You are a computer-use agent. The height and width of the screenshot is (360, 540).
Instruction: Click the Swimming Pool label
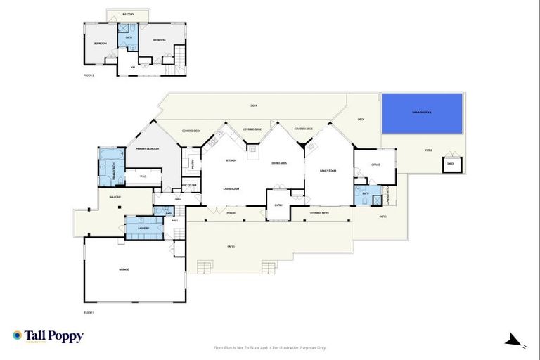click(422, 112)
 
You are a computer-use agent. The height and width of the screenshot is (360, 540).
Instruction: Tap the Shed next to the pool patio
click(451, 165)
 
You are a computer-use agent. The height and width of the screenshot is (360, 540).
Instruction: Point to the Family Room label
click(329, 171)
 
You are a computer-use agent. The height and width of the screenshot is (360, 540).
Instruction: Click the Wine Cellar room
click(190, 186)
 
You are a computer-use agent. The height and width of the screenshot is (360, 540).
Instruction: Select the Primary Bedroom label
click(148, 149)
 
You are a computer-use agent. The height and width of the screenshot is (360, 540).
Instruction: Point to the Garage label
click(134, 269)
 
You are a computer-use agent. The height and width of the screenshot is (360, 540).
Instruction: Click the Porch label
click(231, 212)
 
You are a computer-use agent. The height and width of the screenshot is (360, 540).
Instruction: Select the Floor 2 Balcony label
click(128, 14)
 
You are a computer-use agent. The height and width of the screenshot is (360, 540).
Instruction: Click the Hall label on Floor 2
click(133, 67)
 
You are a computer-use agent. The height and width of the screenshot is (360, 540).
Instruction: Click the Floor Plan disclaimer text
click(269, 347)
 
